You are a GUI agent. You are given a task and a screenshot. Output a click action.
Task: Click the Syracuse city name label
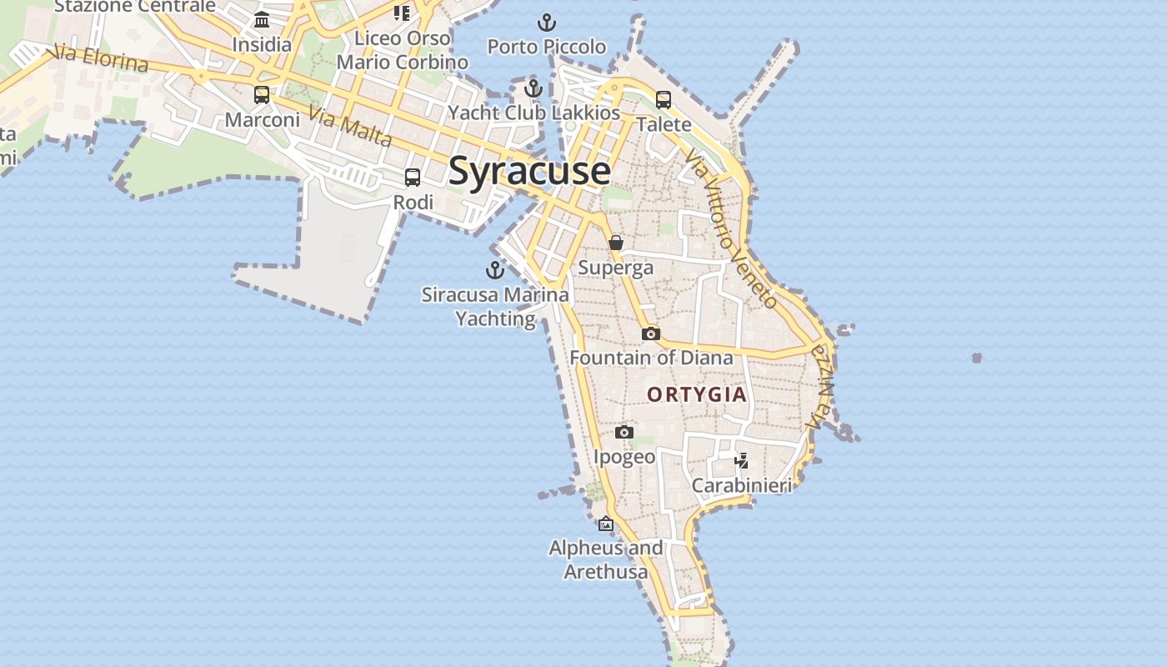point(529,171)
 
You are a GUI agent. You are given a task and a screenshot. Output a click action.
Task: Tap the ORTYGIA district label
point(696,394)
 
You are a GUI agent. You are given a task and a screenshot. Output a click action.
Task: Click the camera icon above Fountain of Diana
point(651,333)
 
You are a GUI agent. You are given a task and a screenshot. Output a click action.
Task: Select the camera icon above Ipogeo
point(624,432)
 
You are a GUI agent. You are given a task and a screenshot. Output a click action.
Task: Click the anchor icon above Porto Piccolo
point(547,22)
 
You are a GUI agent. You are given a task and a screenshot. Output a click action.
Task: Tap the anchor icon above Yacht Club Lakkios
point(533,88)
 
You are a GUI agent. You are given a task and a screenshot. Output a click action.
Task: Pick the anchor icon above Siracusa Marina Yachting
point(495,270)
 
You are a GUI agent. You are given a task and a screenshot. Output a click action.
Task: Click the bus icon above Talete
point(664,100)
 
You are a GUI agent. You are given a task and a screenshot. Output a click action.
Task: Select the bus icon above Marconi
point(262,95)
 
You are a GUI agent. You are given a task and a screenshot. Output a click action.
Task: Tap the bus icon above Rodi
point(413,178)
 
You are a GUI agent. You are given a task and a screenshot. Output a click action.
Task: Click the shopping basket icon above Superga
point(616,243)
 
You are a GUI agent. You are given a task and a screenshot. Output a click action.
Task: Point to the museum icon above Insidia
point(262,20)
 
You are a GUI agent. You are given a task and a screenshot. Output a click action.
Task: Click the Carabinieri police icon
point(741,460)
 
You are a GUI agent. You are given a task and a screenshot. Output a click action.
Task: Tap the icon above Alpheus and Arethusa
point(606,524)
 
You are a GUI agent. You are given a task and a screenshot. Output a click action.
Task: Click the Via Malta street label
point(350,127)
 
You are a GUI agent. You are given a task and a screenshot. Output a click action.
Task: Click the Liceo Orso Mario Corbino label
point(403,50)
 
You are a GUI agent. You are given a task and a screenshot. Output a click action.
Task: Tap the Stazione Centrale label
point(135,7)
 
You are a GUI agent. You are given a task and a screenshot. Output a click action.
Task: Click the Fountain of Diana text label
point(651,358)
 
